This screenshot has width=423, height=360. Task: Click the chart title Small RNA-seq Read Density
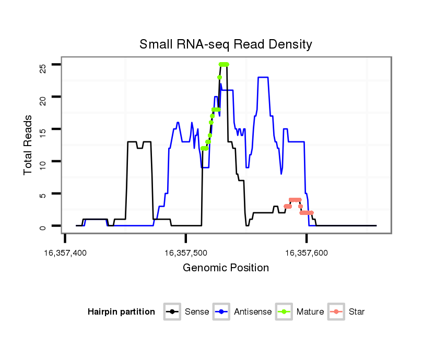[226, 44]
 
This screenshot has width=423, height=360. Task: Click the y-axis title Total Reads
[29, 145]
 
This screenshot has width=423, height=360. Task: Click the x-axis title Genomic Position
[226, 268]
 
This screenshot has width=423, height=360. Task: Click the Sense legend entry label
[197, 312]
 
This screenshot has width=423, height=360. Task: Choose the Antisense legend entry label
[253, 312]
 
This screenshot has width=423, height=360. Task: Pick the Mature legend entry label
[310, 312]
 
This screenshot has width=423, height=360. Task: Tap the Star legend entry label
[357, 312]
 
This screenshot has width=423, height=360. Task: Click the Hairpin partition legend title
[121, 312]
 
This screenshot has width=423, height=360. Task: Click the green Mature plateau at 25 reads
[224, 64]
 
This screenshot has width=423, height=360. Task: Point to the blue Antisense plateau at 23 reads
[263, 77]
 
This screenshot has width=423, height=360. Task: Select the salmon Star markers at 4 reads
[295, 200]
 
